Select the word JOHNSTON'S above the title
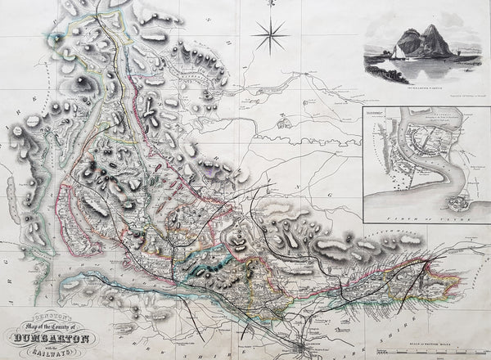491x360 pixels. point(51,311)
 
